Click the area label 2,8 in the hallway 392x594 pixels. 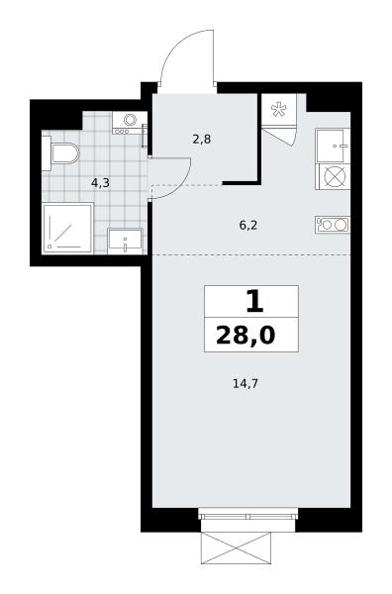(x=202, y=140)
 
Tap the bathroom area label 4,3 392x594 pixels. (x=100, y=183)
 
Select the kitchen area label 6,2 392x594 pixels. (x=248, y=226)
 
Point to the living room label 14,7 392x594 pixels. (x=245, y=384)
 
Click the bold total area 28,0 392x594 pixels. (x=245, y=336)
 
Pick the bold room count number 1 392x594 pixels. (x=254, y=302)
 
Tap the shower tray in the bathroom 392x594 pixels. (x=67, y=229)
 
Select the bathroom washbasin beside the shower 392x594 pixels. (x=125, y=241)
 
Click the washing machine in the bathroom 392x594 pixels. (x=130, y=123)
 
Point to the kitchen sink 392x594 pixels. (x=333, y=146)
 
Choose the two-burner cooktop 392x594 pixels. (x=333, y=225)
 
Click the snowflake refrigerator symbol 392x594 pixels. (x=278, y=109)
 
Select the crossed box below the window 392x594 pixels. (x=236, y=548)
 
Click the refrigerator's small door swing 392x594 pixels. (x=281, y=136)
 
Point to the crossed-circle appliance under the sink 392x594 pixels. (x=333, y=177)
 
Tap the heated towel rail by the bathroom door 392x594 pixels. (x=144, y=136)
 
